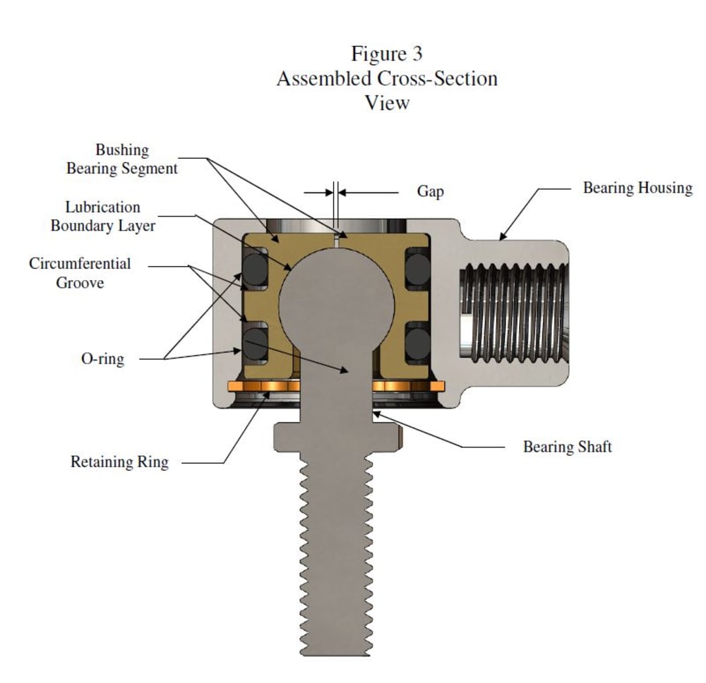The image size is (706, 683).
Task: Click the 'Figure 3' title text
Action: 387,54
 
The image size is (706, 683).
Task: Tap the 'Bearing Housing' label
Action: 638,188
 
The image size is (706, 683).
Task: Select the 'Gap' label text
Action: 431,191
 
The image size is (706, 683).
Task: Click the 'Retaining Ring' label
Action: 119,461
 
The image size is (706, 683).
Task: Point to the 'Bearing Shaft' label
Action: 568,447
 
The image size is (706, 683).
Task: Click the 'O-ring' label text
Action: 102,358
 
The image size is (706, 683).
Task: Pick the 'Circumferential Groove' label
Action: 80,273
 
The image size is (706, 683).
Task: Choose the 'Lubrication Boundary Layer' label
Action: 102,217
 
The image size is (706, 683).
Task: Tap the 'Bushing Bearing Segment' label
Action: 122,159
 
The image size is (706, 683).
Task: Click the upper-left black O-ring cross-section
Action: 256,269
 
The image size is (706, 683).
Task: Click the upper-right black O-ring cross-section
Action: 417,269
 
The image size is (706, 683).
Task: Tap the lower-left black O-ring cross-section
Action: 256,344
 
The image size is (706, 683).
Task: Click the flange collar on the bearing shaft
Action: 337,437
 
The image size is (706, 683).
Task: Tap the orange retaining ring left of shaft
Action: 264,386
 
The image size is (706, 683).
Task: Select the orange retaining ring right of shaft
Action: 408,386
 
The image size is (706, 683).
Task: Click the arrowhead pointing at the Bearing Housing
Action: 503,236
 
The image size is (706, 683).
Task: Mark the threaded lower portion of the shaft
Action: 336,554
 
